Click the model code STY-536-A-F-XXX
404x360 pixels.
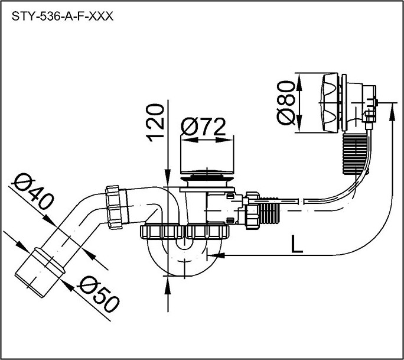(63, 17)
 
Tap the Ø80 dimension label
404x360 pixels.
(286, 103)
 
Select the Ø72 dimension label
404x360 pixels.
(203, 127)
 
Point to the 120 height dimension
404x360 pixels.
(155, 123)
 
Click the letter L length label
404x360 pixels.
(297, 244)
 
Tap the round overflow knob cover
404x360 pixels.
(330, 103)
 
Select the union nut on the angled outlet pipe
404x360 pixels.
(114, 207)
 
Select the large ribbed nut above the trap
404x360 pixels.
(184, 232)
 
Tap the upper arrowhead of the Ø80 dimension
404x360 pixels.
(299, 82)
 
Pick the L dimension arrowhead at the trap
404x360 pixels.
(216, 255)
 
